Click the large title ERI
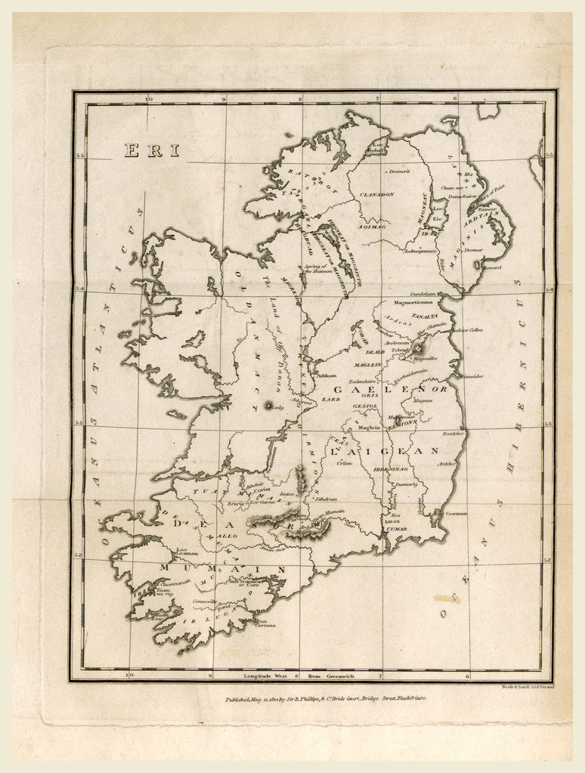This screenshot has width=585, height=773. coord(153,150)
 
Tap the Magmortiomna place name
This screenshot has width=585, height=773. coord(410,305)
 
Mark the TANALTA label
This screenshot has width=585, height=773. coord(424,316)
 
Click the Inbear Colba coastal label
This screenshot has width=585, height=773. coord(466,330)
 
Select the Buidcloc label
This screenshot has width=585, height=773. coord(452,433)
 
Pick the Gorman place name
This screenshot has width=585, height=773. coord(457,513)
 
